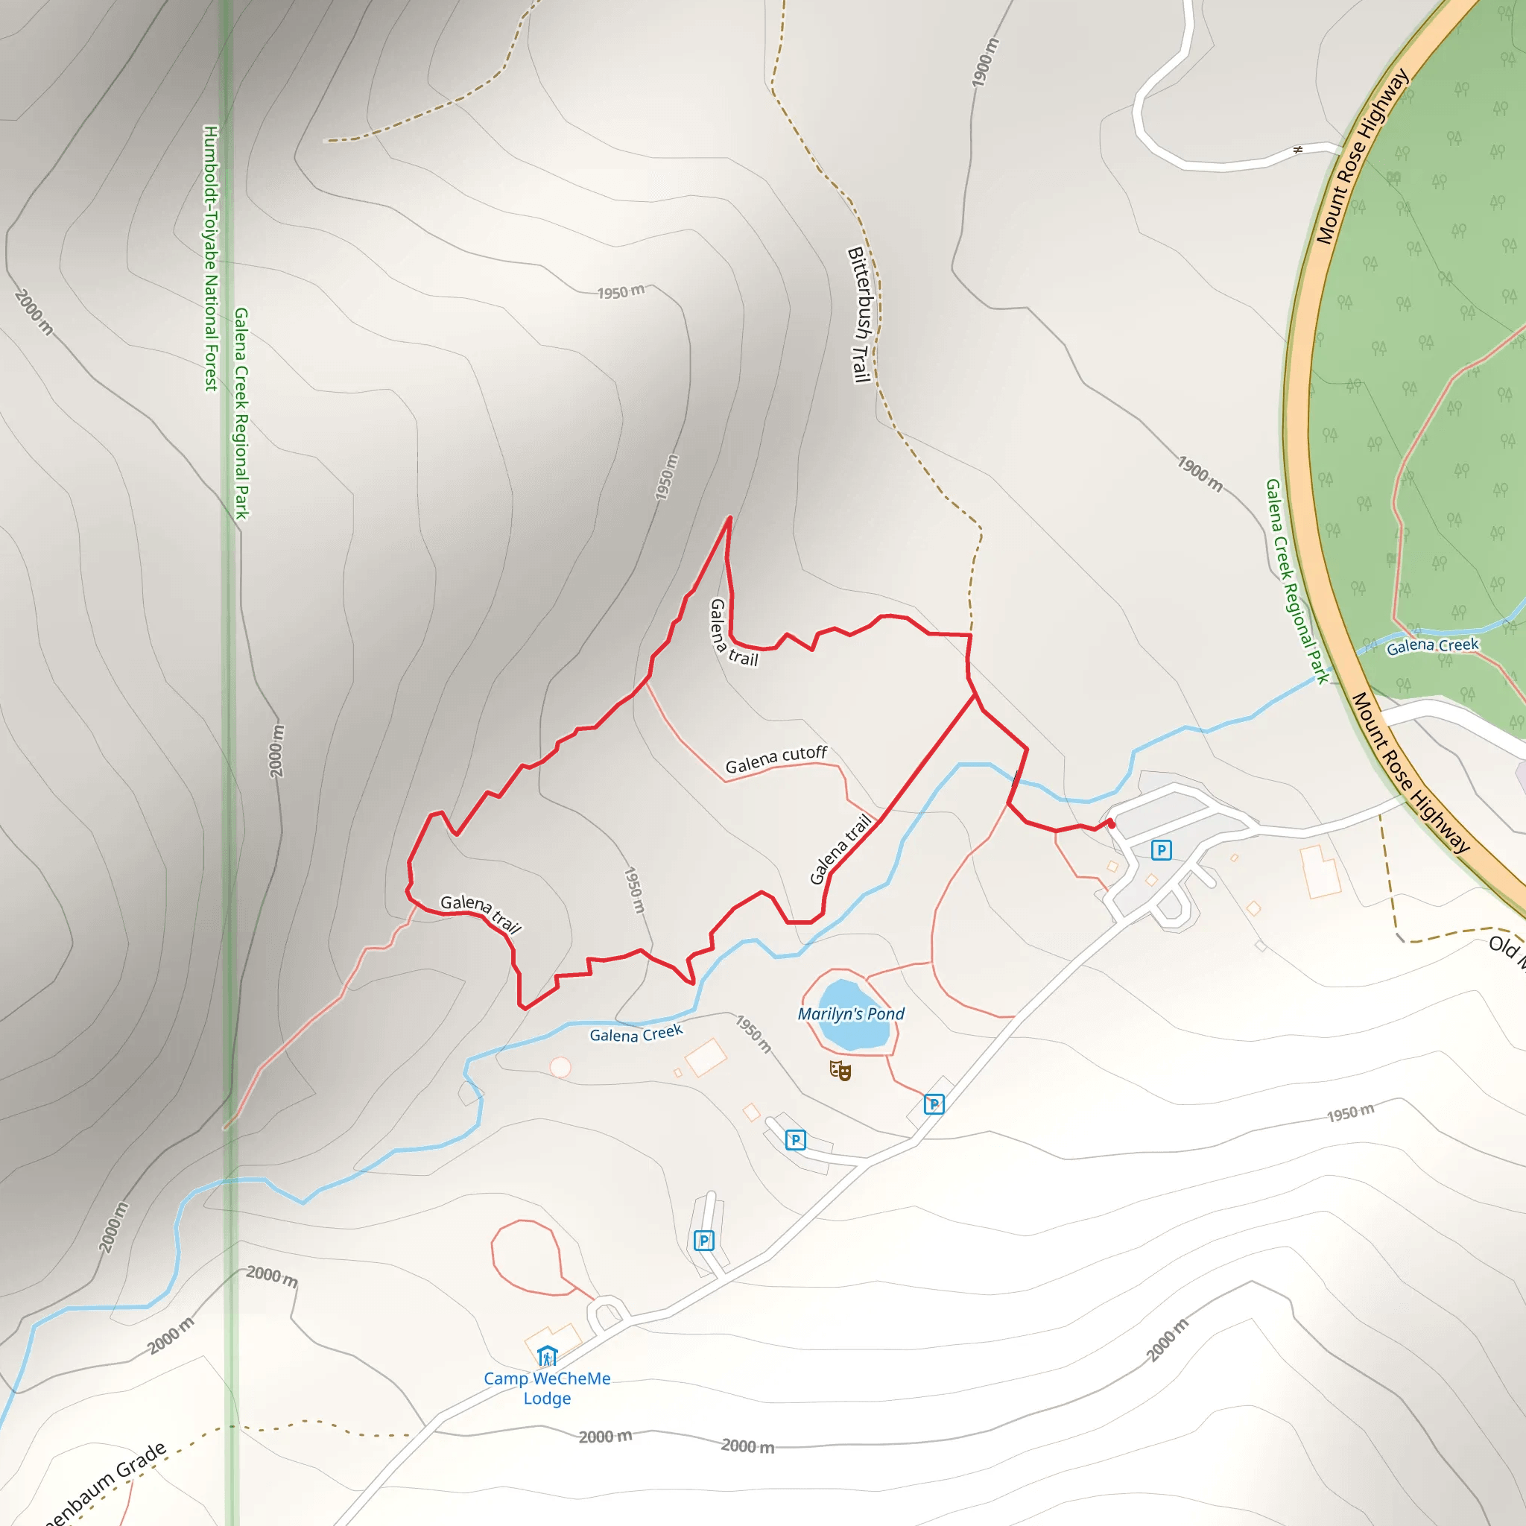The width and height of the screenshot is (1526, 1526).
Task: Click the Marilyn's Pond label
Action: pyautogui.click(x=851, y=1013)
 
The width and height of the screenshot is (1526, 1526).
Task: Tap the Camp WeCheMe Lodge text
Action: pyautogui.click(x=547, y=1387)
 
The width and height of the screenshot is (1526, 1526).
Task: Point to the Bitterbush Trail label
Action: pyautogui.click(x=859, y=314)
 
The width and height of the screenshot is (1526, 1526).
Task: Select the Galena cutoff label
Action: pyautogui.click(x=776, y=759)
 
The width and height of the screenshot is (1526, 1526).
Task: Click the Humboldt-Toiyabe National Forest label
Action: pyautogui.click(x=211, y=258)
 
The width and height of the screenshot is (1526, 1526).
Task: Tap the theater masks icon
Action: pyautogui.click(x=840, y=1070)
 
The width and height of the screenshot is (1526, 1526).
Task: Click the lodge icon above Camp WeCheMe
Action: pyautogui.click(x=547, y=1356)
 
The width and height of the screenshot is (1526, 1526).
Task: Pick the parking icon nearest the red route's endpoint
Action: pyautogui.click(x=1160, y=850)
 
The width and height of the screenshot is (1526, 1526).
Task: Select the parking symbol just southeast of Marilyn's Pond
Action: pyautogui.click(x=934, y=1104)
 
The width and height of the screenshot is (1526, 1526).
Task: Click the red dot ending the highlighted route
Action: pyautogui.click(x=1111, y=824)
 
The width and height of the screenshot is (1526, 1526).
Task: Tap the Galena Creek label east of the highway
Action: pyautogui.click(x=1432, y=645)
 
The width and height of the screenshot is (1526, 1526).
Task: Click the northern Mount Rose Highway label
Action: pyautogui.click(x=1362, y=156)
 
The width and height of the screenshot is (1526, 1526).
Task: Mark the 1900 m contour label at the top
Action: pyautogui.click(x=984, y=62)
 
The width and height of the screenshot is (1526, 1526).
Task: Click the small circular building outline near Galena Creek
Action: pyautogui.click(x=560, y=1067)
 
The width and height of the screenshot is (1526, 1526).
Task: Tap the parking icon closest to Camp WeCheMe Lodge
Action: pyautogui.click(x=703, y=1240)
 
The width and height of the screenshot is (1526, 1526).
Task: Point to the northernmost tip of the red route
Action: pyautogui.click(x=729, y=518)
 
